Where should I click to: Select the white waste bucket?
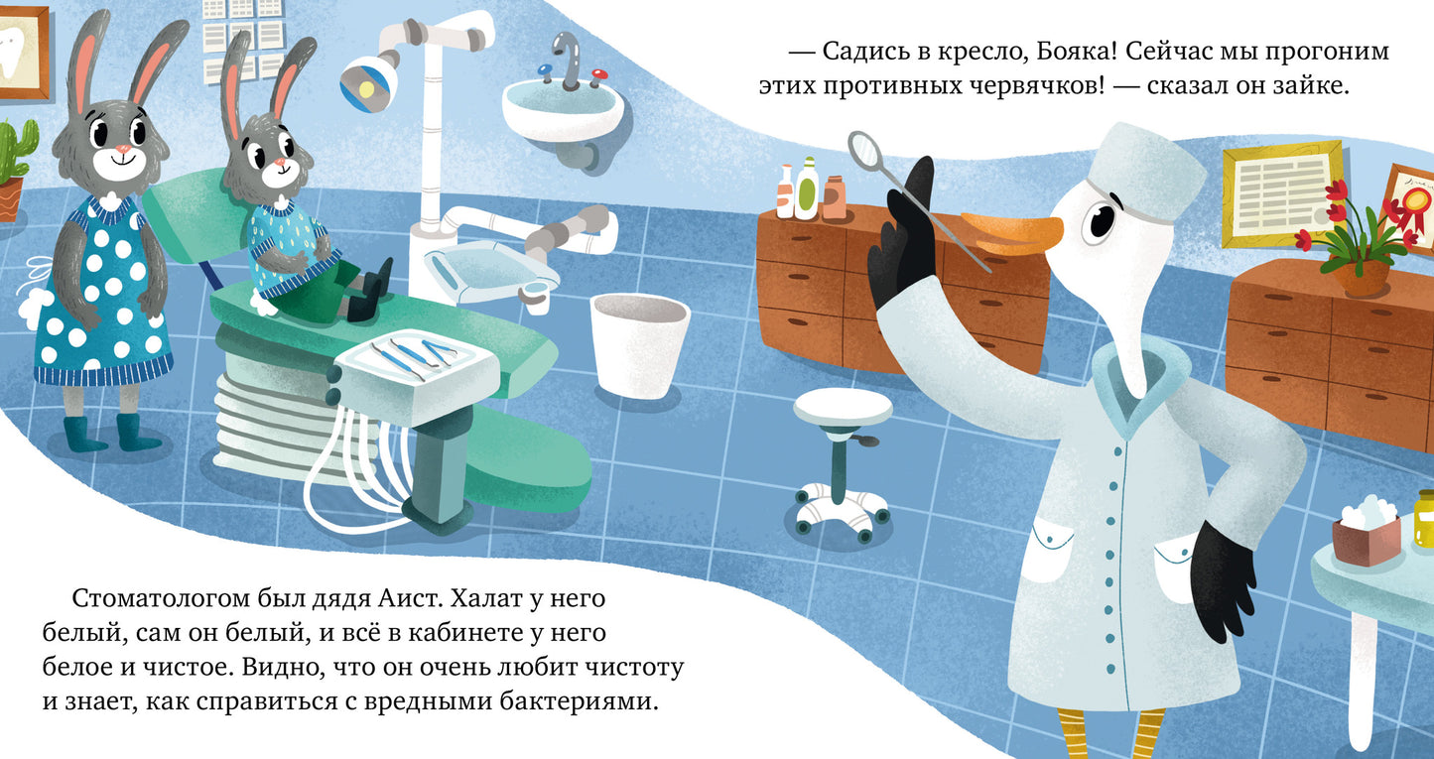pos(639,344)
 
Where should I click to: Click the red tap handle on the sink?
pos(599,74)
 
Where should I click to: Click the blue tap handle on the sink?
pos(545,68)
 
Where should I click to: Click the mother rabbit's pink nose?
pos(124,149)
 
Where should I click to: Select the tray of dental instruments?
pos(416,361)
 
